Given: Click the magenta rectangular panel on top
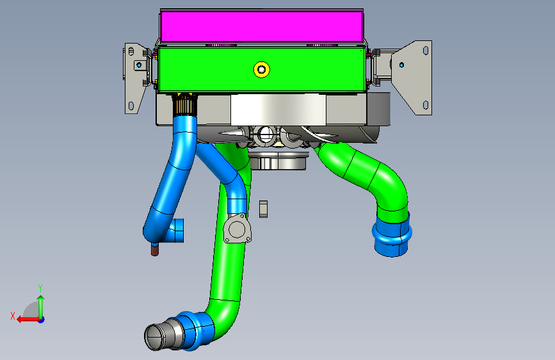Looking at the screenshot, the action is coord(262,26).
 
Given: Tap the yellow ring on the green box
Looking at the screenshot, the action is coord(262,69).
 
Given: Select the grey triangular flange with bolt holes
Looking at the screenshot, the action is coord(237,229).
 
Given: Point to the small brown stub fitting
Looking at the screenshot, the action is coord(155,249).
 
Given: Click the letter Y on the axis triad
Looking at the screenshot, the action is coord(40,288).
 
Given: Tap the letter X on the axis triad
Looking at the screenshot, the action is coord(13,316).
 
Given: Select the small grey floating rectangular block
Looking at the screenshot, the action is coord(263,209).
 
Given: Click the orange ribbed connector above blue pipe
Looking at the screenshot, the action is coord(184,104).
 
